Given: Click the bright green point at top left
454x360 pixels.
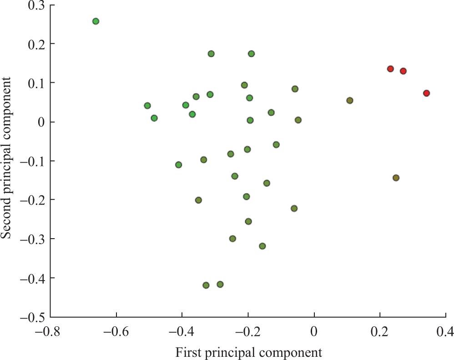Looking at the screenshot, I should tap(96, 21).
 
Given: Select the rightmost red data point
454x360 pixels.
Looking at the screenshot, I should tap(426, 93).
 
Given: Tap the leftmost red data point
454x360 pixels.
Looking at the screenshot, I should tap(390, 69).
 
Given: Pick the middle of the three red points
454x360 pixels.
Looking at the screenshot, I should tap(403, 71).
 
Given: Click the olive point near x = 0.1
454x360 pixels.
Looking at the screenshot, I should tap(349, 100).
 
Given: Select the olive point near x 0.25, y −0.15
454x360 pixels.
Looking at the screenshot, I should tap(396, 178).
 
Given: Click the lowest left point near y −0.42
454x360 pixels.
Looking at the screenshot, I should tap(206, 285).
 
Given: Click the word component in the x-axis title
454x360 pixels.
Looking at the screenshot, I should tap(294, 352).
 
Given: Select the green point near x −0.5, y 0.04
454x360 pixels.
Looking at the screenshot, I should tap(147, 105).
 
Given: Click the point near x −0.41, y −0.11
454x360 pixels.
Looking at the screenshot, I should tap(178, 165).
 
